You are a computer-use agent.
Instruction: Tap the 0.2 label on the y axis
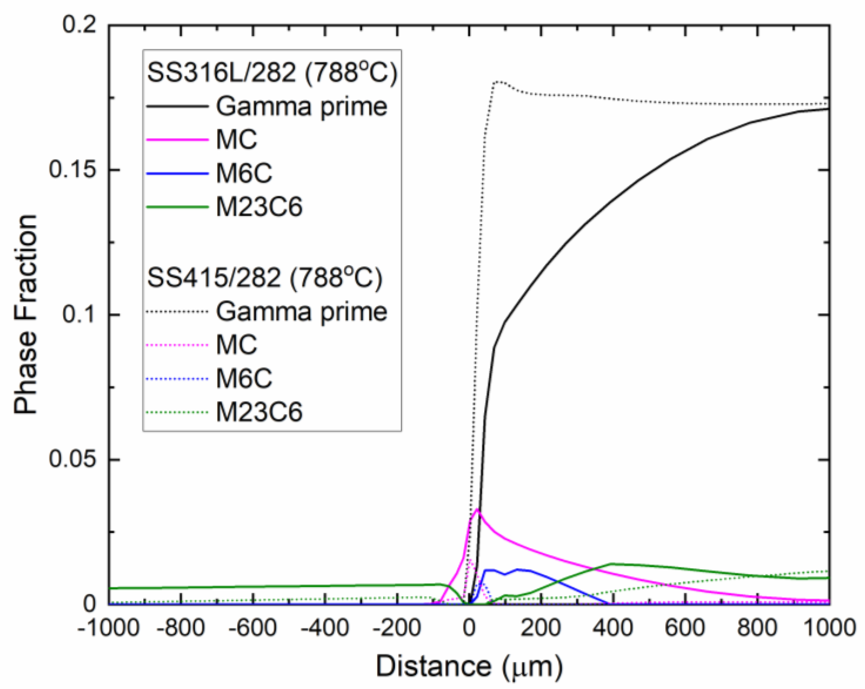pos(80,25)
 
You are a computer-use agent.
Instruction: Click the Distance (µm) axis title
pos(469,667)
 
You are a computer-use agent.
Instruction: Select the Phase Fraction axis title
pos(26,314)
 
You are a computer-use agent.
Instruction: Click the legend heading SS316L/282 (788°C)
pos(272,73)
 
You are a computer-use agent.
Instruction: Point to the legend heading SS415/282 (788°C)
pos(265,278)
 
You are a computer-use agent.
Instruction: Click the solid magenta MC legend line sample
pos(177,140)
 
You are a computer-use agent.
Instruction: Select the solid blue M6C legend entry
pos(244,174)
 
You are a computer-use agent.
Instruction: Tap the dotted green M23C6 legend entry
pos(259,412)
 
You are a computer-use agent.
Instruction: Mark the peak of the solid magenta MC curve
pos(477,510)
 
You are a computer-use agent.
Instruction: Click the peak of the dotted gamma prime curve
pos(498,82)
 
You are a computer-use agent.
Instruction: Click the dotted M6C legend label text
pos(244,379)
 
